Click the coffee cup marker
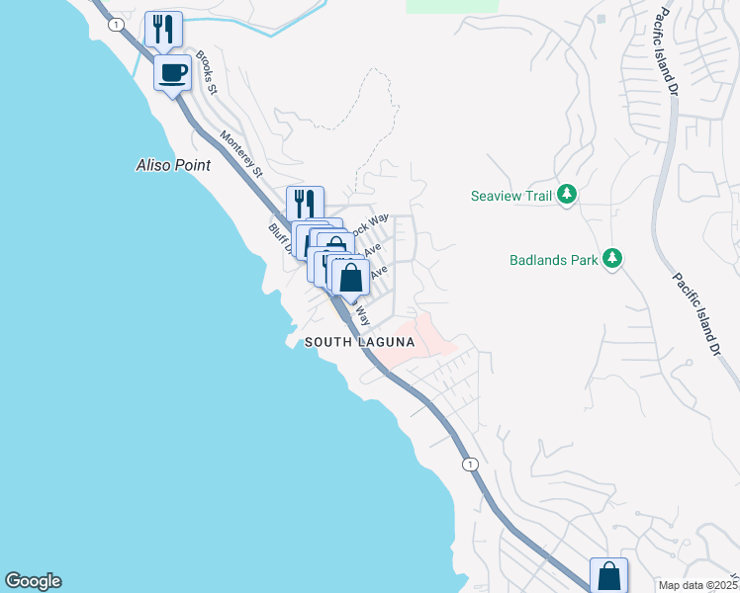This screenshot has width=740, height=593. click(172, 72)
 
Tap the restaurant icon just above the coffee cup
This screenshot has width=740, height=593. click(163, 29)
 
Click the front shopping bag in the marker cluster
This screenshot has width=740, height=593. click(350, 277)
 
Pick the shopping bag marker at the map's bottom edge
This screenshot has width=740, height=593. click(608, 575)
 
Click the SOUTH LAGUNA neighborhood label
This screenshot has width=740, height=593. click(359, 342)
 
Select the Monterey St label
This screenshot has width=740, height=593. click(241, 154)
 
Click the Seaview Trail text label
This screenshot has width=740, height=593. click(509, 196)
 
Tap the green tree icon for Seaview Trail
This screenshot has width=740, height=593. click(567, 195)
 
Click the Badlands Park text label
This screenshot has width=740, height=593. click(554, 260)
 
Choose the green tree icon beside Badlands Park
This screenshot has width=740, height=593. click(613, 259)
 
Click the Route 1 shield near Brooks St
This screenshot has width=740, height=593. click(116, 24)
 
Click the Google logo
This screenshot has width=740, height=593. click(33, 581)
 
